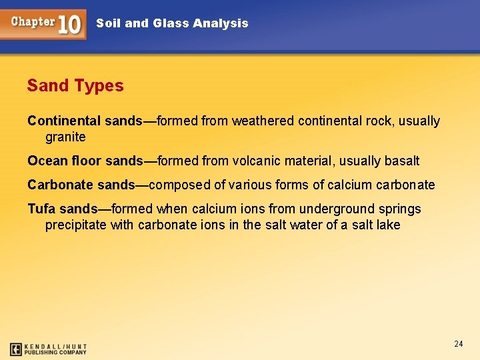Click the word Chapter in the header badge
[33, 21]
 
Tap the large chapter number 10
[70, 25]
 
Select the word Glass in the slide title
[170, 23]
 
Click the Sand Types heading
[75, 86]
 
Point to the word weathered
[263, 121]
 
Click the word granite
[65, 137]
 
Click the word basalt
[402, 161]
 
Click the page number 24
[458, 344]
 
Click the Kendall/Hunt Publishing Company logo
[48, 349]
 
